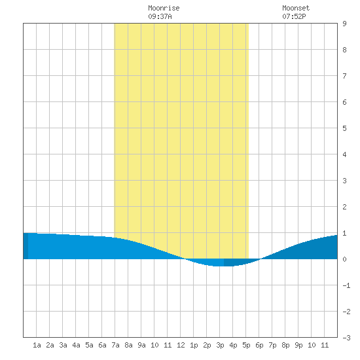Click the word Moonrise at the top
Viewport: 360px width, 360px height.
click(x=164, y=8)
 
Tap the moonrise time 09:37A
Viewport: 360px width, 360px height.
click(x=160, y=16)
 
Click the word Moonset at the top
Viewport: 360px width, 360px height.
click(x=296, y=8)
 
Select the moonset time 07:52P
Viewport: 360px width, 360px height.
click(x=294, y=16)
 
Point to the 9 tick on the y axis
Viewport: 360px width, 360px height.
click(x=344, y=24)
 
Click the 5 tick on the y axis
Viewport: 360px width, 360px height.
click(x=344, y=128)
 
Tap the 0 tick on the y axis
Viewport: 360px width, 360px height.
click(x=344, y=259)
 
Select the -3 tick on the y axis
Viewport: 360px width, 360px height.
click(x=346, y=338)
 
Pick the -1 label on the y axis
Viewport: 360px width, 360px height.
click(x=346, y=285)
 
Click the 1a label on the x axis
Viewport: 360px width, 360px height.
click(x=37, y=345)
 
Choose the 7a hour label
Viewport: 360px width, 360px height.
click(x=115, y=345)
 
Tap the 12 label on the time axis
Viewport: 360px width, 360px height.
click(x=181, y=345)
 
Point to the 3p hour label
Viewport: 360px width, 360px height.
click(x=220, y=345)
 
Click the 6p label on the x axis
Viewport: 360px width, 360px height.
click(x=259, y=345)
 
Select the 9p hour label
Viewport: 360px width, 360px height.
click(x=298, y=345)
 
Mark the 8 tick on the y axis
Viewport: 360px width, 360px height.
click(x=344, y=50)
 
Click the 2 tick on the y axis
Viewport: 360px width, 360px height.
click(x=344, y=207)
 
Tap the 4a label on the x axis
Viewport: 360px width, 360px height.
click(x=76, y=345)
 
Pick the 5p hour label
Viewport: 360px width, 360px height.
click(x=246, y=345)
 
